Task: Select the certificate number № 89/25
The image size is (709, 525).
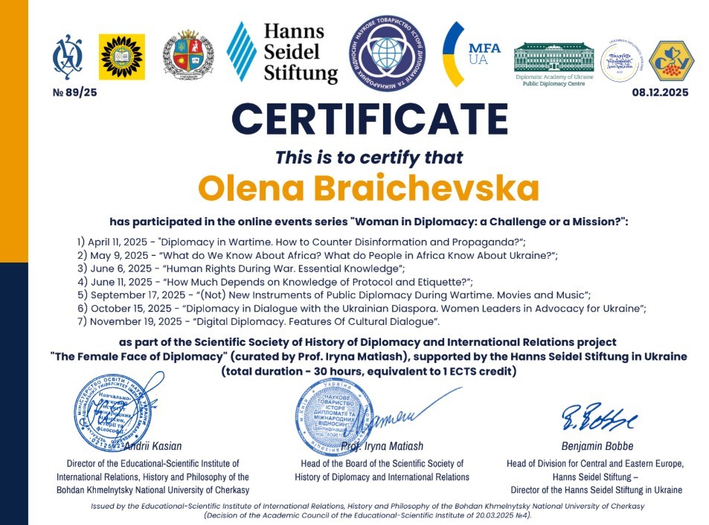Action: click(74, 93)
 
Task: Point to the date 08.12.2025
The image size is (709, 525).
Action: click(660, 93)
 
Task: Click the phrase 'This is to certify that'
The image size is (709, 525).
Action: click(369, 158)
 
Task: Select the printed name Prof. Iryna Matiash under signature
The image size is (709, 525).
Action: click(382, 446)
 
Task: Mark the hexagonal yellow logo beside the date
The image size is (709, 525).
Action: click(671, 59)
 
